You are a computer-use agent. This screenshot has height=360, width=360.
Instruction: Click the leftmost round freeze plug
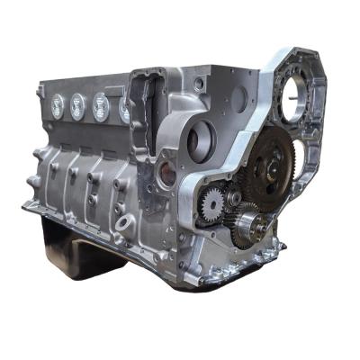tap(55, 103)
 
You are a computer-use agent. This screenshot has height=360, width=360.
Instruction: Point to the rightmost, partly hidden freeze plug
tap(122, 109)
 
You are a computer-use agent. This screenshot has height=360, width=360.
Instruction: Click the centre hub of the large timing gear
tap(267, 166)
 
